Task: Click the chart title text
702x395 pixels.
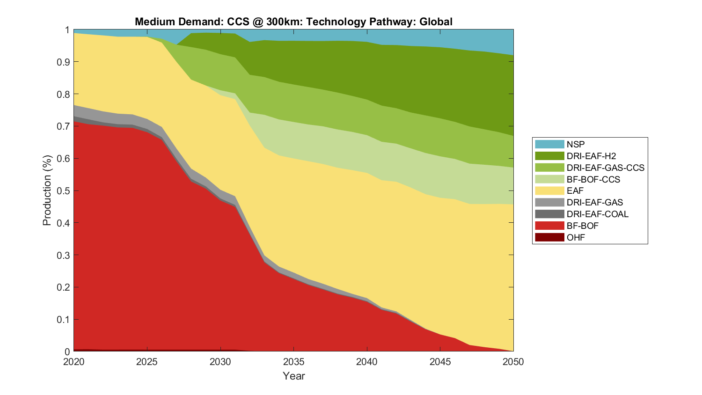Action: pyautogui.click(x=293, y=22)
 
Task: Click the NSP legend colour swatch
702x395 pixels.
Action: pyautogui.click(x=549, y=144)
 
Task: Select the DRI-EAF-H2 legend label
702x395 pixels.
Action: pyautogui.click(x=591, y=156)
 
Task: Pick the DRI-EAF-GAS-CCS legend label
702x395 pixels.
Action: pyautogui.click(x=605, y=168)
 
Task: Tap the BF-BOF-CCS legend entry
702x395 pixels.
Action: pyautogui.click(x=593, y=179)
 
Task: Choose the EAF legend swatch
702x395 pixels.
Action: pyautogui.click(x=549, y=190)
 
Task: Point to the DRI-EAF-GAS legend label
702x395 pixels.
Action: pyautogui.click(x=594, y=202)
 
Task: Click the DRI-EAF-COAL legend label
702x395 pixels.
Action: pyautogui.click(x=597, y=214)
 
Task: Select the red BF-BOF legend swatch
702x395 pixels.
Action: pyautogui.click(x=549, y=226)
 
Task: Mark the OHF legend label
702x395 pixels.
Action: pyautogui.click(x=576, y=237)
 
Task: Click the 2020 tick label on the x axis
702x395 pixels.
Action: pyautogui.click(x=73, y=362)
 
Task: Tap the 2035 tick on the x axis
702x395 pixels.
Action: pyautogui.click(x=293, y=362)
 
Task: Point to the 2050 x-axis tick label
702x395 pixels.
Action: pyautogui.click(x=513, y=362)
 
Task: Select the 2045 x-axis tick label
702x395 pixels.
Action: pyautogui.click(x=440, y=362)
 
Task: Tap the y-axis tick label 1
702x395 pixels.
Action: pyautogui.click(x=67, y=30)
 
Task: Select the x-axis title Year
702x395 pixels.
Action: pyautogui.click(x=293, y=376)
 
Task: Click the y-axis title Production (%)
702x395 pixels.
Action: pyautogui.click(x=47, y=190)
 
